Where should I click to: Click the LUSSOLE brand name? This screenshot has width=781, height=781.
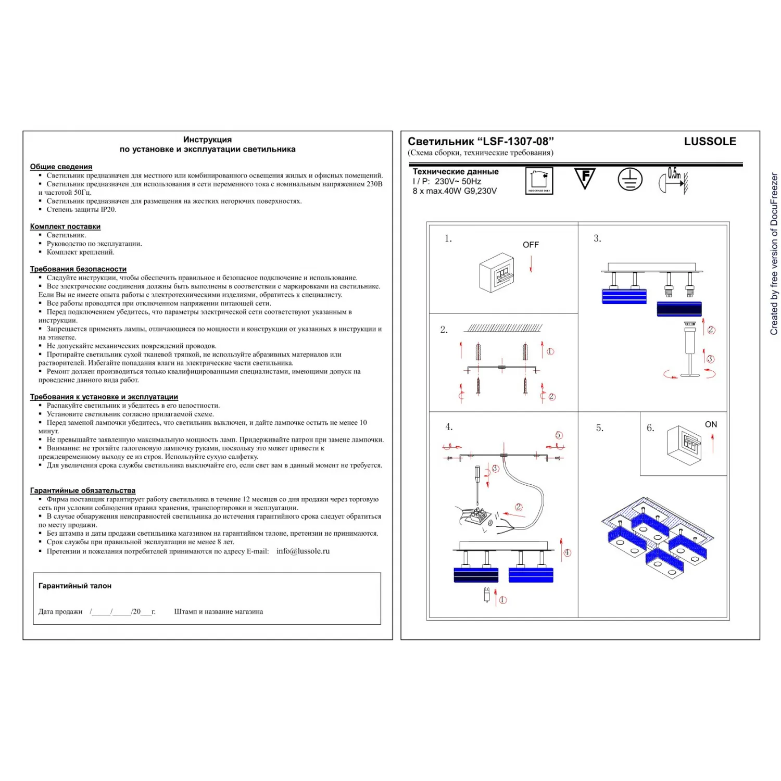710,142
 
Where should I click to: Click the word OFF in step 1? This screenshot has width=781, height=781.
531,245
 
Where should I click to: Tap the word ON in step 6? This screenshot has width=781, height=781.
711,424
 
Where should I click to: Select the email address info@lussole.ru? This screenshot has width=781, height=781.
303,551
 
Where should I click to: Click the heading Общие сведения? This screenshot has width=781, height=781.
61,167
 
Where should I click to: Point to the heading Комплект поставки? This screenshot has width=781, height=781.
65,226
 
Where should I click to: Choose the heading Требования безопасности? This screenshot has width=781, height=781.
78,269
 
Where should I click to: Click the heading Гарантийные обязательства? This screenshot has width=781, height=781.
82,490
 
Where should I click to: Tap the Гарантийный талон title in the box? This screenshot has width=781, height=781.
75,586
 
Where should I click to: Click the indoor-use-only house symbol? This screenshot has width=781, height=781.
539,181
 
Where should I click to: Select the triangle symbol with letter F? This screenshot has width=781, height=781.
585,178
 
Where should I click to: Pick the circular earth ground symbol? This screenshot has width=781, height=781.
630,180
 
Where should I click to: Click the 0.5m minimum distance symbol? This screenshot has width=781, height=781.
673,180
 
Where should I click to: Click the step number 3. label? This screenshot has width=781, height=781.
597,238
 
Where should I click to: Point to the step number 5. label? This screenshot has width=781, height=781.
600,428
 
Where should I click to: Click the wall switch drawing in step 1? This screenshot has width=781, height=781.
497,273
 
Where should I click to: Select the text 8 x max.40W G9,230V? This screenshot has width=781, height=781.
455,191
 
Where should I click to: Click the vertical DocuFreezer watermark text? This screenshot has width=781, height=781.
774,254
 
